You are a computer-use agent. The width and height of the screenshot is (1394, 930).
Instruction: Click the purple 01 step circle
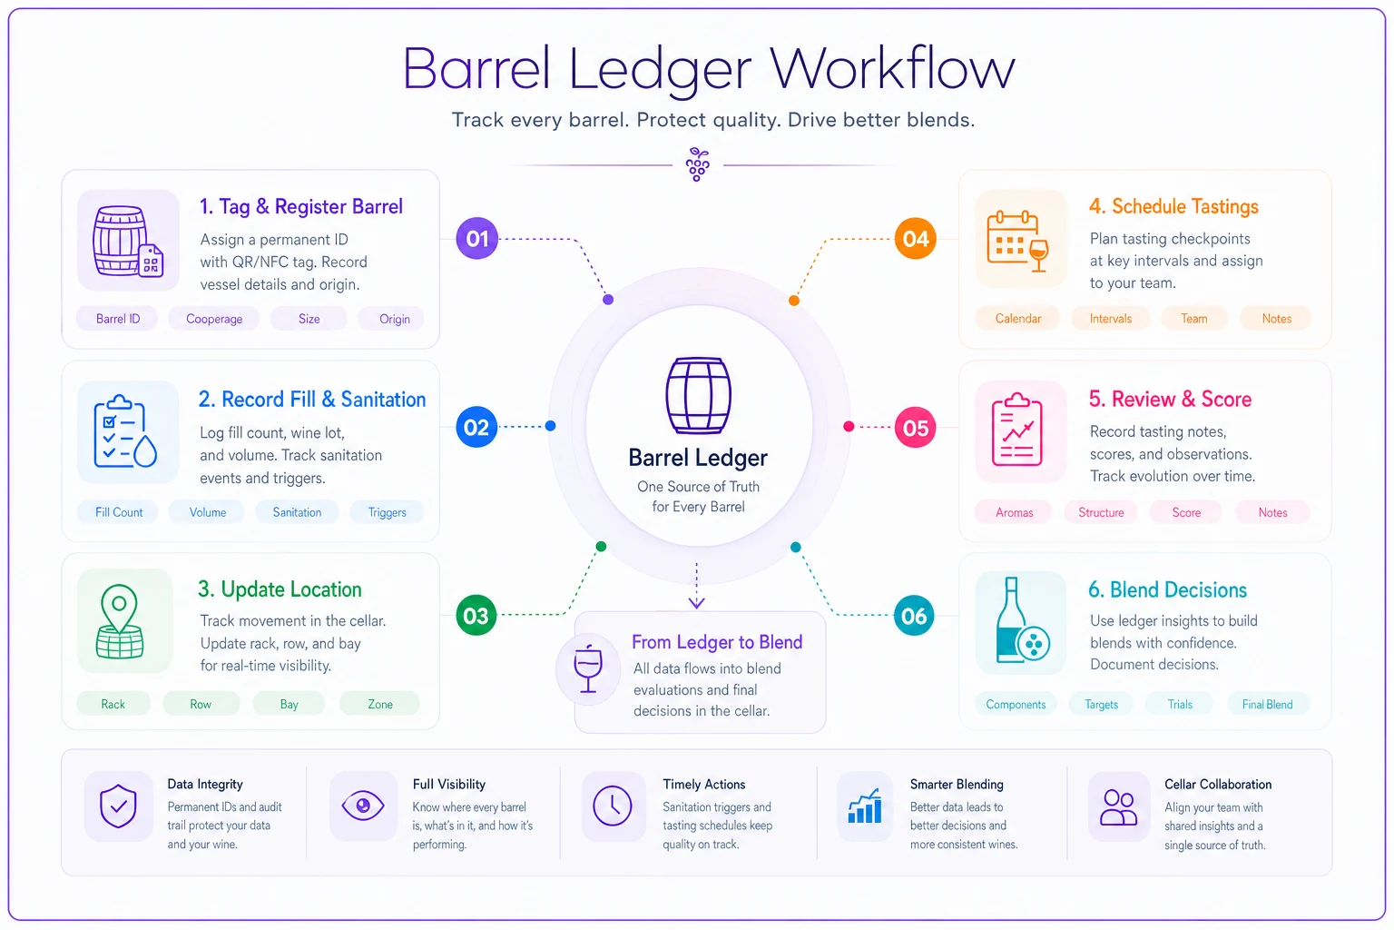pos(476,238)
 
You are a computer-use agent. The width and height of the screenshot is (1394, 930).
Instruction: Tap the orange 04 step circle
pos(915,238)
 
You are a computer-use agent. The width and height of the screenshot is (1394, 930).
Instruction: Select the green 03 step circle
pos(476,616)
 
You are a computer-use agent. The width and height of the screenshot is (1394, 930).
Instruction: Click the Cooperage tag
pos(214,318)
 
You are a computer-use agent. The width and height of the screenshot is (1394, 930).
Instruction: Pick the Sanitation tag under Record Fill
pos(297,512)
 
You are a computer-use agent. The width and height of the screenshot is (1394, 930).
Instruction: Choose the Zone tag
pos(379,704)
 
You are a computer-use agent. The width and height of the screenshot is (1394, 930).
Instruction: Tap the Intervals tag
pos(1110,318)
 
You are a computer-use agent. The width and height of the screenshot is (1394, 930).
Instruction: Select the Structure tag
pos(1101,512)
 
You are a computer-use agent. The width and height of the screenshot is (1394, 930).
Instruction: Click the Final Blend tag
pos(1267,704)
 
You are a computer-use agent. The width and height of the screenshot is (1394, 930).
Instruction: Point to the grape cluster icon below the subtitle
pos(697,164)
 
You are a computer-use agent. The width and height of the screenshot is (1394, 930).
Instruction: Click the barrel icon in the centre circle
pos(698,395)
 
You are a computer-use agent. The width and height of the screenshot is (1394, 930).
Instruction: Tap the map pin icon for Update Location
pos(120,621)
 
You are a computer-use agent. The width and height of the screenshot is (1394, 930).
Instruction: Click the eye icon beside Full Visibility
pos(363,806)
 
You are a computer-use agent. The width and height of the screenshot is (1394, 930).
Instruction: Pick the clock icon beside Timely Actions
pos(613,806)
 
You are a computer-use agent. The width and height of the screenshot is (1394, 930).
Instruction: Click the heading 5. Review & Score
pos(1170,399)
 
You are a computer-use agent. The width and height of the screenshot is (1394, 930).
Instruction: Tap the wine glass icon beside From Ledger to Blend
pos(588,669)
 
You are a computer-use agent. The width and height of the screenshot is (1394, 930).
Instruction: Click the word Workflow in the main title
pos(892,68)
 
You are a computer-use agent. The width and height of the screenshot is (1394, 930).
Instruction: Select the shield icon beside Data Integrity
pos(118,806)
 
